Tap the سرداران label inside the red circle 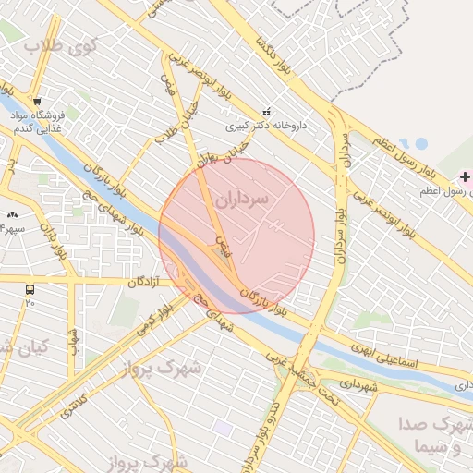point(244,199)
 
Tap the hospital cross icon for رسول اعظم point(466,176)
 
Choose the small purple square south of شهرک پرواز point(223,429)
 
